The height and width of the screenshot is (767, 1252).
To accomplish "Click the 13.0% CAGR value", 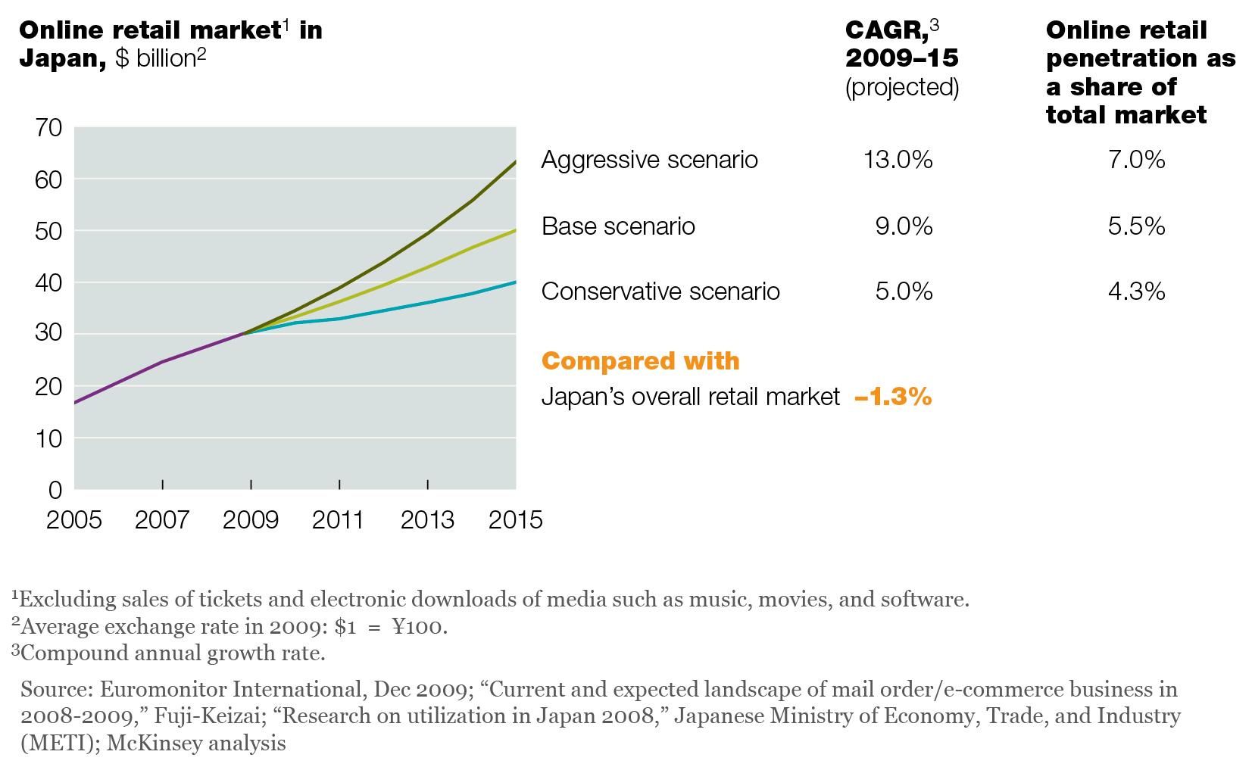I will coord(898,160).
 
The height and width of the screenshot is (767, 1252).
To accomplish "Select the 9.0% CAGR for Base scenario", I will coord(904,226).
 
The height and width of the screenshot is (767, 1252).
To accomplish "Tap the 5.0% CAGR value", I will coord(904,292).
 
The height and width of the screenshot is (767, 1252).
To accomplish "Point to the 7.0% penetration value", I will coord(1136,160).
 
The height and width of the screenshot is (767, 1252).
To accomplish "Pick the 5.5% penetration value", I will coord(1136,226).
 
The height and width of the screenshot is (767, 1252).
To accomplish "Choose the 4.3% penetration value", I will coord(1136,292).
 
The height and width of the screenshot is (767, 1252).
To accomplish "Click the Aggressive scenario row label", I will coord(649,160).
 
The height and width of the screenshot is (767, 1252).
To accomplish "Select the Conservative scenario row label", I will coord(660,292).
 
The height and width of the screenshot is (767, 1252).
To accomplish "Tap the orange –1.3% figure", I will coord(893,397).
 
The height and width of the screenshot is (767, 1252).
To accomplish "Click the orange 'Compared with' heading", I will coord(641,361).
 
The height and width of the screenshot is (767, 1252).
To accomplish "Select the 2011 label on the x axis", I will coord(339,520).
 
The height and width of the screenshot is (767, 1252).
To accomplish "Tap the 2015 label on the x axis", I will coord(516,520).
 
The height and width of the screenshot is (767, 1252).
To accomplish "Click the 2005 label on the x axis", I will coord(74,520).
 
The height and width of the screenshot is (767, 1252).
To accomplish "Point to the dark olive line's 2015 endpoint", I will coord(516,161).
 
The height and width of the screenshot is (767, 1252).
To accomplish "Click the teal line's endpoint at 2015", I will coord(516,282).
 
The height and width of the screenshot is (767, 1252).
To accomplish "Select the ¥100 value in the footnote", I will coord(419,627).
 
